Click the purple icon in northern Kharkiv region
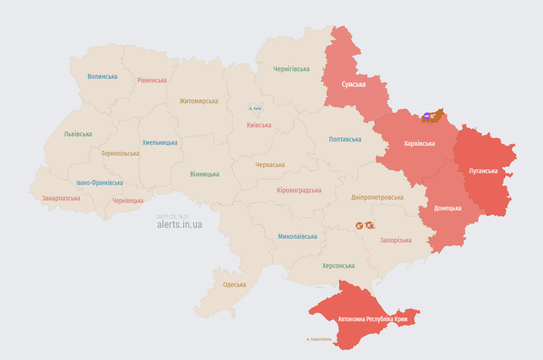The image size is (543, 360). click(427, 116)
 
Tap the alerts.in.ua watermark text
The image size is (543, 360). click(179, 225)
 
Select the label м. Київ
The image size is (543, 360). click(255, 109)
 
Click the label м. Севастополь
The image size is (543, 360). click(319, 339)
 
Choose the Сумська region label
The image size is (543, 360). click(354, 84)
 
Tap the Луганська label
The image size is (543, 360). click(483, 171)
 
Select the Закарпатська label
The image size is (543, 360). click(61, 198)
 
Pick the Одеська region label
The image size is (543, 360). click(235, 285)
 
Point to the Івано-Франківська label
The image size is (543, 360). click(100, 183)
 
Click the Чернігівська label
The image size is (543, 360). click(291, 69)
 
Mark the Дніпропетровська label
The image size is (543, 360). click(377, 197)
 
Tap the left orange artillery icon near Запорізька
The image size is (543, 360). click(359, 226)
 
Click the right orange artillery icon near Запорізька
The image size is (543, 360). click(369, 226)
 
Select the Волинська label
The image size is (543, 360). click(102, 76)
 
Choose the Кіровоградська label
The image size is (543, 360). click(299, 190)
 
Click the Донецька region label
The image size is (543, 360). click(448, 208)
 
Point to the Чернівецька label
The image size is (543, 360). click(128, 201)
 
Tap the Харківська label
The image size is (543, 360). click(419, 143)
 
